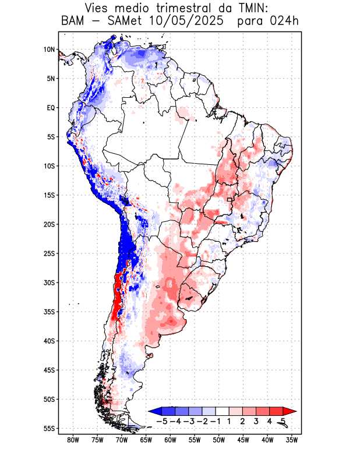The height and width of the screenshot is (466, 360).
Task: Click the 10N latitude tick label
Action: coord(49,50)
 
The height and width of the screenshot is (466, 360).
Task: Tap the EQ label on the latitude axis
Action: coord(50,108)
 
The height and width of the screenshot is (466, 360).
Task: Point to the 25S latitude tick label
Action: coord(49,253)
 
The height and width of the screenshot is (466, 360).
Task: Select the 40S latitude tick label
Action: coord(49,341)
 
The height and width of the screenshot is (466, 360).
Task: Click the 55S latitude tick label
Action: coord(49,428)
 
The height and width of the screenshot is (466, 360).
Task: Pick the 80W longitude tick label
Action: coord(73,440)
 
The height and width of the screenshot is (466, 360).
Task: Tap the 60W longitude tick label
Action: coord(170,440)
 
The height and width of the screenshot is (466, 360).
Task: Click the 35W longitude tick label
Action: coord(292,440)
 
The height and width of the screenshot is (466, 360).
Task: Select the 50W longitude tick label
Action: coord(219,440)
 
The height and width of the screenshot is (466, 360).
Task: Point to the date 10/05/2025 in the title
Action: coord(185,22)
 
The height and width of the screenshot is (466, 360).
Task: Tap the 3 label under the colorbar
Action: coord(256,421)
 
